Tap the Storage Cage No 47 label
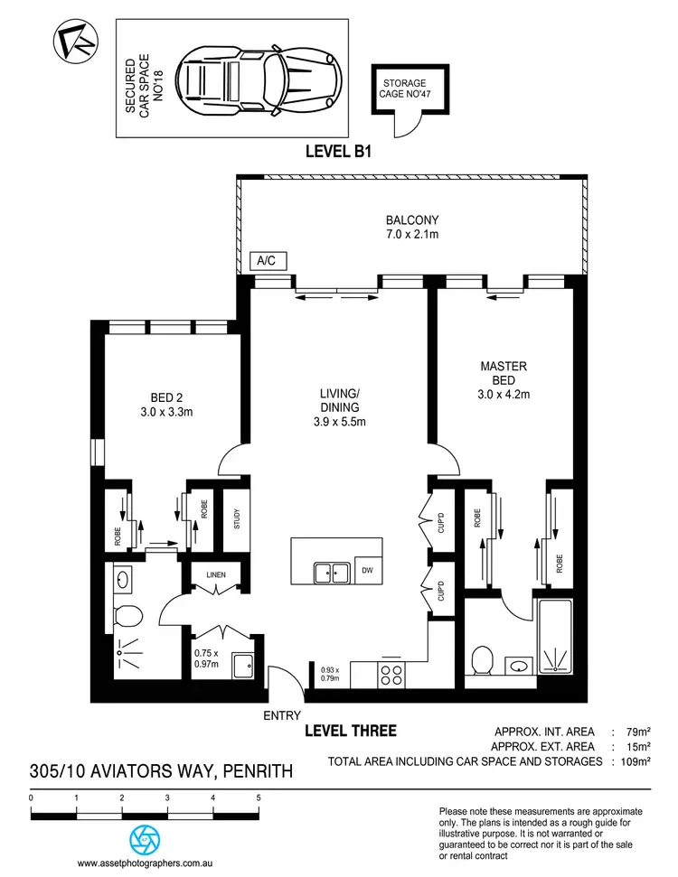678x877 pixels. click(x=403, y=88)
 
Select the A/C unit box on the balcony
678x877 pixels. click(x=268, y=261)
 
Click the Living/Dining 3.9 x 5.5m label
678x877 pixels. click(x=340, y=406)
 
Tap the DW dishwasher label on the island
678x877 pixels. click(x=366, y=571)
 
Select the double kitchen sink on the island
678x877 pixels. click(x=331, y=572)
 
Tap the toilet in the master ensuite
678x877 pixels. click(x=481, y=659)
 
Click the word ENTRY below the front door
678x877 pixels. click(x=281, y=715)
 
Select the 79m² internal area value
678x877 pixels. click(x=636, y=731)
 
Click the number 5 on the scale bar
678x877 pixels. click(x=259, y=798)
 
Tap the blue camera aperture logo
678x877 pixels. click(x=143, y=838)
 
